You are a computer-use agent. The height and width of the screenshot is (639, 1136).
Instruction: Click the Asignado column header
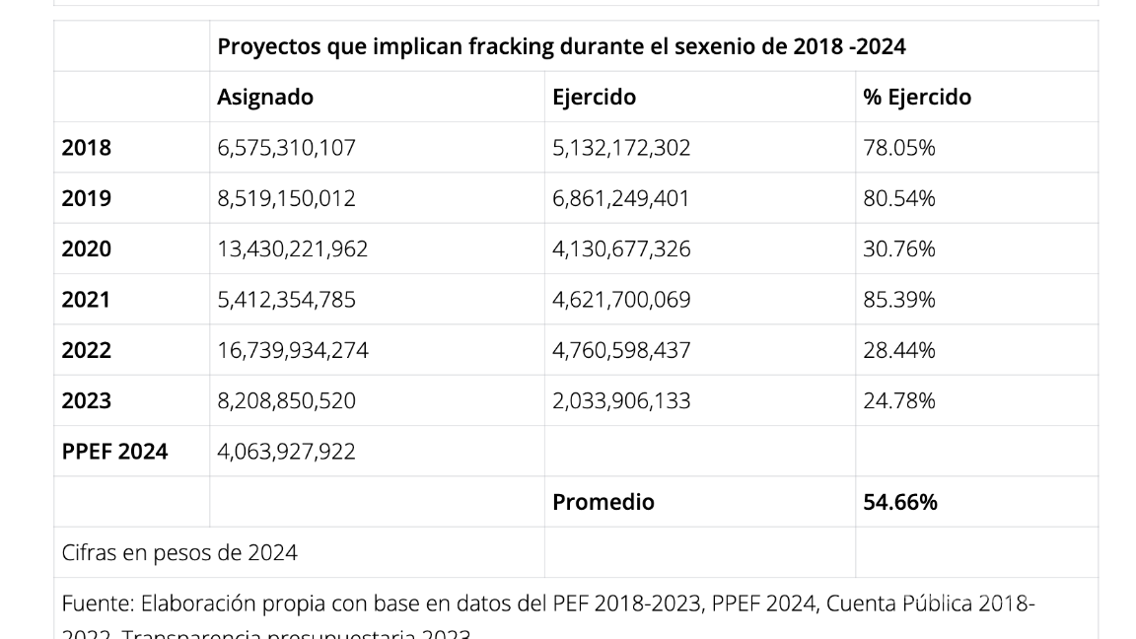(265, 97)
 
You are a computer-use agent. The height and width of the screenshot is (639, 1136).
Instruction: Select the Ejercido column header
(594, 97)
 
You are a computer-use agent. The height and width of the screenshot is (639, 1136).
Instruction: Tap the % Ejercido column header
(917, 97)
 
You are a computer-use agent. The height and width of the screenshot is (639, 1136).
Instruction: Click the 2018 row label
(87, 148)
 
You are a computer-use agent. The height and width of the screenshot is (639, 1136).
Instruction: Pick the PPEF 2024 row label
(114, 452)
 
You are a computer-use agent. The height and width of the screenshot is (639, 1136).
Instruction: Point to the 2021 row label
(87, 300)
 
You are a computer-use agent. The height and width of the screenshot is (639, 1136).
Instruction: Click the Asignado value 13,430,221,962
(292, 249)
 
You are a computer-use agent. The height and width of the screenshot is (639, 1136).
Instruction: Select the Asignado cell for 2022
(292, 350)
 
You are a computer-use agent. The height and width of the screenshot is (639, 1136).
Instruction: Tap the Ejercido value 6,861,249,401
(621, 198)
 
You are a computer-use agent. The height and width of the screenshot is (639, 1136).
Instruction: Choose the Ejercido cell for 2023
(621, 400)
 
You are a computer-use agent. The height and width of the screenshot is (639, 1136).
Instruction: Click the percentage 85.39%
(899, 300)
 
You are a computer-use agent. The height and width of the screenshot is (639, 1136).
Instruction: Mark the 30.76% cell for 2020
(899, 249)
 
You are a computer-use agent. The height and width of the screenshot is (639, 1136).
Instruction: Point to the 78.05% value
(899, 148)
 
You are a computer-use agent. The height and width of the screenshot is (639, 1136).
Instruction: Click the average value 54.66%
(900, 502)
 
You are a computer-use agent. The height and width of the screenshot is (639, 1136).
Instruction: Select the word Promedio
(603, 502)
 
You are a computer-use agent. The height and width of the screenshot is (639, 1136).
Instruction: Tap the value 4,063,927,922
(286, 452)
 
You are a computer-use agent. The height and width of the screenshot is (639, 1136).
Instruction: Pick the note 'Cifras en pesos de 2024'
(179, 553)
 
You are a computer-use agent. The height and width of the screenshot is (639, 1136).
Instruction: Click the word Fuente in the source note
(97, 603)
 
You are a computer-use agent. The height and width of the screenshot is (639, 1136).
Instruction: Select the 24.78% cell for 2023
(899, 400)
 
